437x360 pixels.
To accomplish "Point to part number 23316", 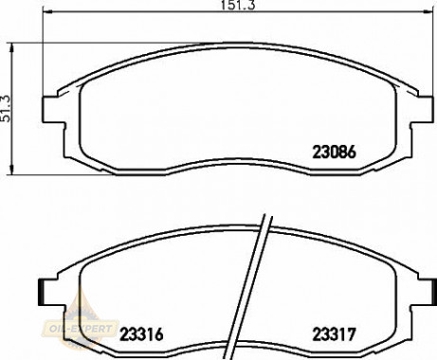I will (142, 333).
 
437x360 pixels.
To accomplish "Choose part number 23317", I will (334, 333).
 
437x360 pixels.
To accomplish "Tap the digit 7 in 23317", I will (351, 333).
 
